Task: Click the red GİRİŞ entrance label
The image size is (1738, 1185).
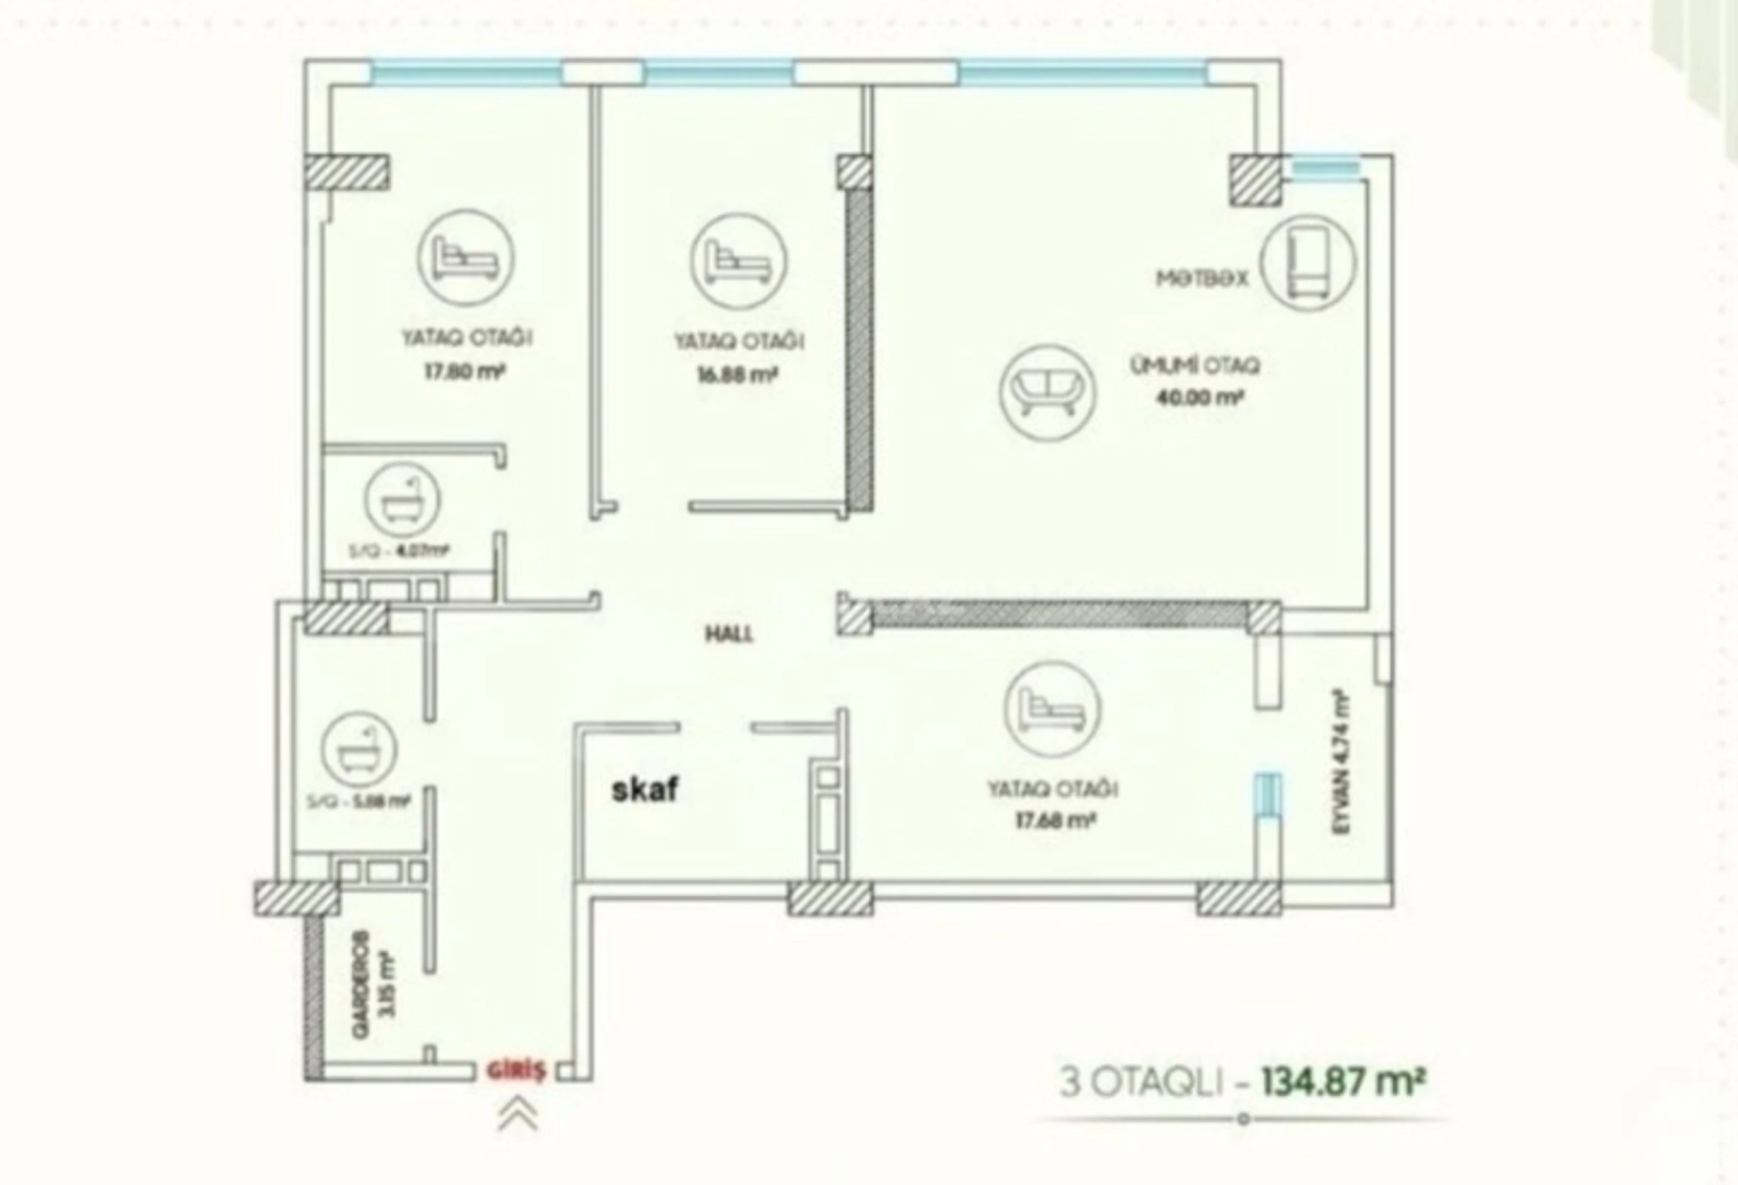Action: click(516, 1071)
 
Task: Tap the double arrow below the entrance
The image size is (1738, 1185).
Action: click(518, 1115)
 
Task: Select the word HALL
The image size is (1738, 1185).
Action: click(729, 635)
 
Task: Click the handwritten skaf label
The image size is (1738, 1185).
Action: click(645, 790)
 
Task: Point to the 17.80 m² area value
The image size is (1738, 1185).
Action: click(465, 372)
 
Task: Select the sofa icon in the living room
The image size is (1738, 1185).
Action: click(1047, 393)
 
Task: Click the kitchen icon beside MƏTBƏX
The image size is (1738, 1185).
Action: click(1308, 262)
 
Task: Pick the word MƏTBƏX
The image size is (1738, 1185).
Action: click(1202, 279)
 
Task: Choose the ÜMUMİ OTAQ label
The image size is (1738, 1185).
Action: click(1195, 366)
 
